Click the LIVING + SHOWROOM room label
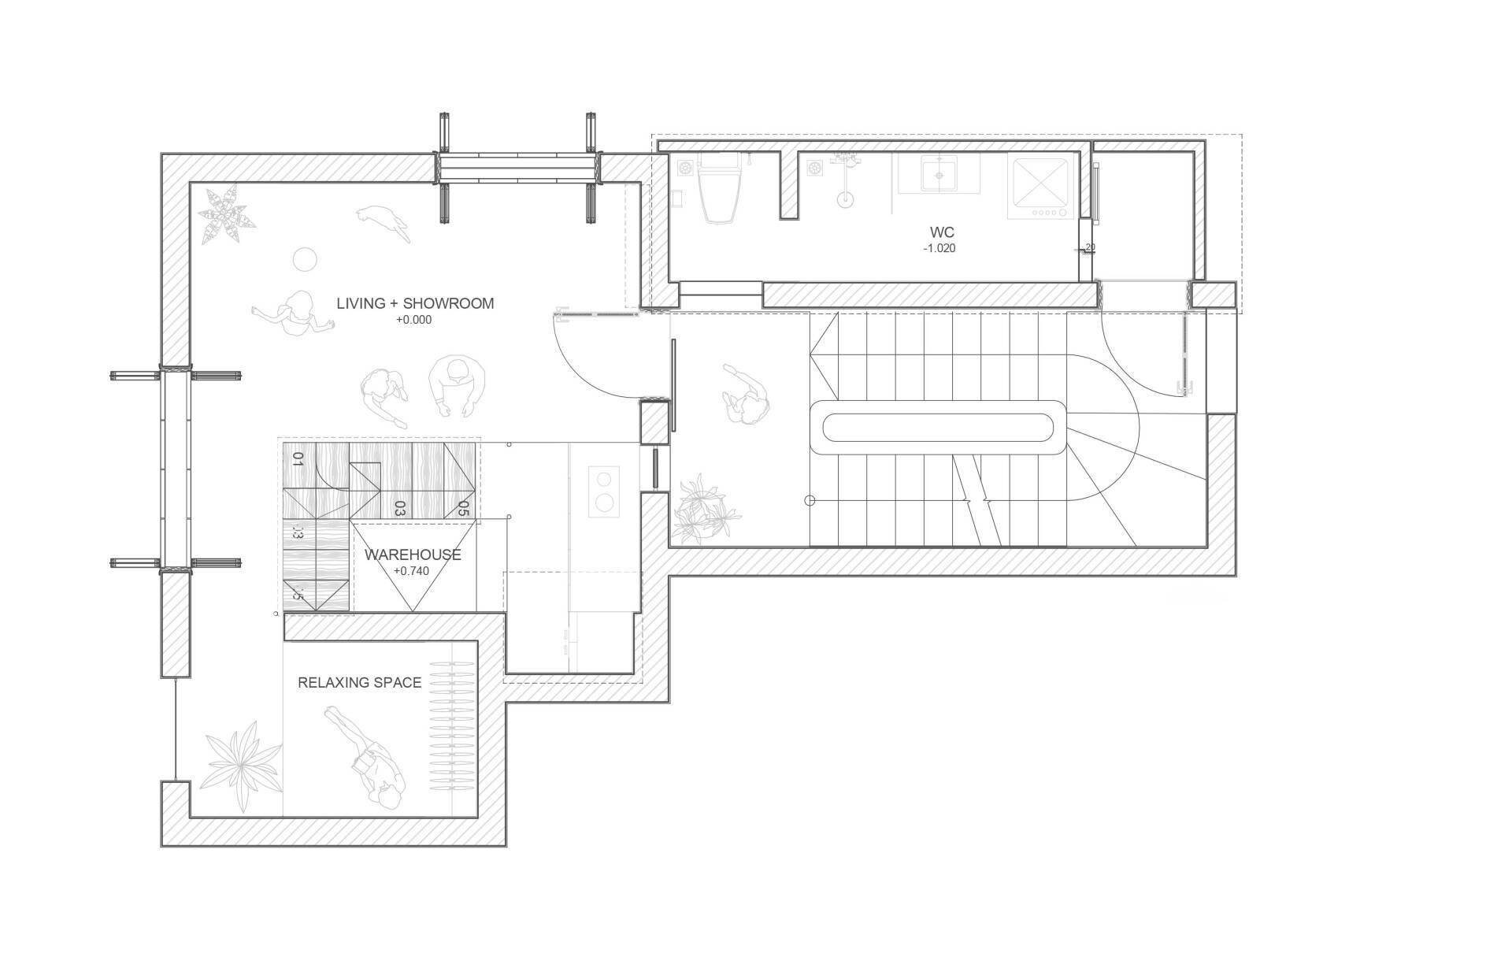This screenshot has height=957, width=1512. pyautogui.click(x=415, y=303)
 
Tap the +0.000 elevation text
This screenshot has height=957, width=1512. pyautogui.click(x=413, y=321)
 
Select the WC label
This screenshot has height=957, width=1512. pyautogui.click(x=942, y=232)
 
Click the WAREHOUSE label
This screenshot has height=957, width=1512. pyautogui.click(x=413, y=555)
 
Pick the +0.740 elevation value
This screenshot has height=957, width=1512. pyautogui.click(x=411, y=571)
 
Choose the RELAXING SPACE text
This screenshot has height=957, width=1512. pyautogui.click(x=360, y=683)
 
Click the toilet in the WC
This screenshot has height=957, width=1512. pyautogui.click(x=717, y=190)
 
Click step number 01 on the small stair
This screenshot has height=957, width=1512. pyautogui.click(x=298, y=459)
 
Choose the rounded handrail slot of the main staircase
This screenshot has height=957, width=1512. pyautogui.click(x=938, y=427)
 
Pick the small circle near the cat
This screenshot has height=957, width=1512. pyautogui.click(x=303, y=258)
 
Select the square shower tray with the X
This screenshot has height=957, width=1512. pyautogui.click(x=1040, y=187)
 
